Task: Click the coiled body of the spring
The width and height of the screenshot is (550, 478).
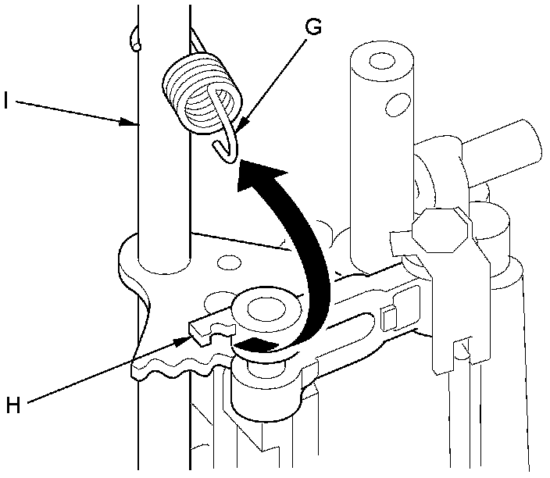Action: (202, 90)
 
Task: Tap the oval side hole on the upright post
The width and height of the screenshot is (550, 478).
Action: (398, 101)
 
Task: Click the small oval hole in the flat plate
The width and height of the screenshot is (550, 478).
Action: (228, 260)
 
